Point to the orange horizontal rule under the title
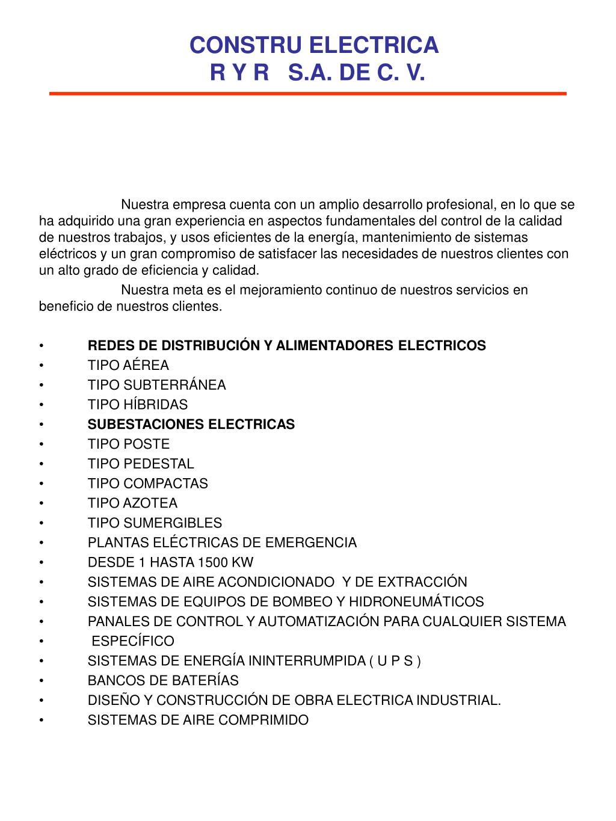[x=307, y=94]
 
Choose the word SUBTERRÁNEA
[x=174, y=386]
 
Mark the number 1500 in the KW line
[x=212, y=563]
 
